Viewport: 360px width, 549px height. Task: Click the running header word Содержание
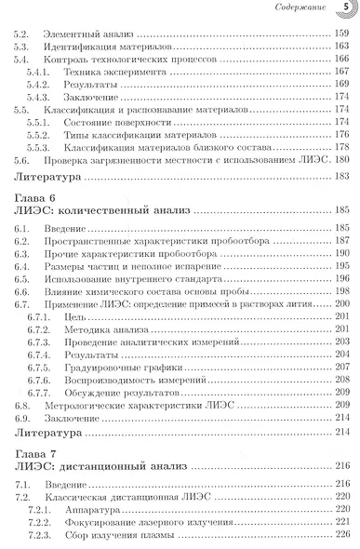[302, 9]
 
